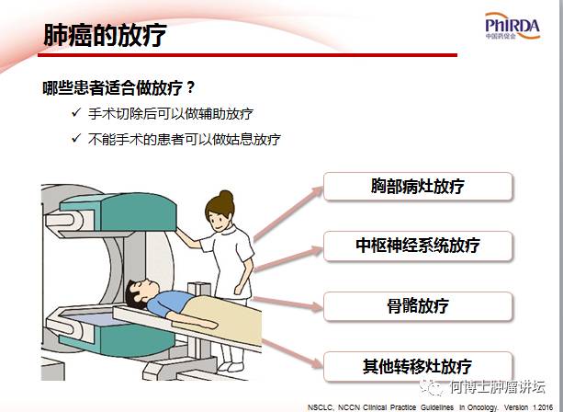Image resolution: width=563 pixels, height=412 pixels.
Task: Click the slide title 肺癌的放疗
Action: pos(105,35)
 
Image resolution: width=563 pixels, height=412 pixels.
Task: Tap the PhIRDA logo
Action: pos(512,26)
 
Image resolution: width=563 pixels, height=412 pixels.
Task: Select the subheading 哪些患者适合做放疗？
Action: pos(118,87)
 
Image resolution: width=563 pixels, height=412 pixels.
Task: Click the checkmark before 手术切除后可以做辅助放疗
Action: pos(76,112)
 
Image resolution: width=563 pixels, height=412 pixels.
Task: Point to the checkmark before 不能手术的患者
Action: pos(76,138)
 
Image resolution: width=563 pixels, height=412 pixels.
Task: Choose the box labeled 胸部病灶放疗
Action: pos(418,186)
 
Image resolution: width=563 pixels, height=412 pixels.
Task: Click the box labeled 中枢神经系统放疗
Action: pos(418,246)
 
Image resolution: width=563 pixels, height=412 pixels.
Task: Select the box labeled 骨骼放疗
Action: pos(418,306)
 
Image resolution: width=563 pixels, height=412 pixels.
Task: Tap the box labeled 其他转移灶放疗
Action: pos(418,366)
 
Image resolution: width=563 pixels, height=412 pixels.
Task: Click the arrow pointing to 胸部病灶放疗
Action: pos(288,213)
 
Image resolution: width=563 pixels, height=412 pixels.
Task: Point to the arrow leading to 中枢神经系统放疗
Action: pos(288,258)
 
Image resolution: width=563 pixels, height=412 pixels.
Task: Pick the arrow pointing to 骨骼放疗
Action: pos(287,303)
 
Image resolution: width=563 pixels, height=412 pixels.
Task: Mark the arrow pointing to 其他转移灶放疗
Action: pos(292,353)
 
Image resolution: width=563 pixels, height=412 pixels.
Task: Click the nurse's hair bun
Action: pos(226,196)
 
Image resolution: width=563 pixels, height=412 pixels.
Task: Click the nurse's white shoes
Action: pos(231,366)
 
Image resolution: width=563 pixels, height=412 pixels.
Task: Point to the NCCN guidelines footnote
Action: pos(430,407)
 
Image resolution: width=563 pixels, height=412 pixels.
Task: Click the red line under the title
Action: pos(247,55)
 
